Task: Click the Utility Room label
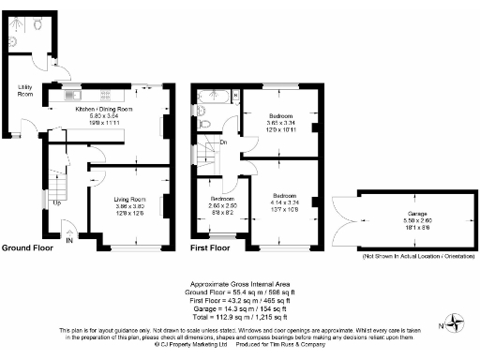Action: [25, 92]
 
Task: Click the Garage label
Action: [406, 213]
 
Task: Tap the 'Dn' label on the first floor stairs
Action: [223, 142]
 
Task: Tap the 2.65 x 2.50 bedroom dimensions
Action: [222, 205]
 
